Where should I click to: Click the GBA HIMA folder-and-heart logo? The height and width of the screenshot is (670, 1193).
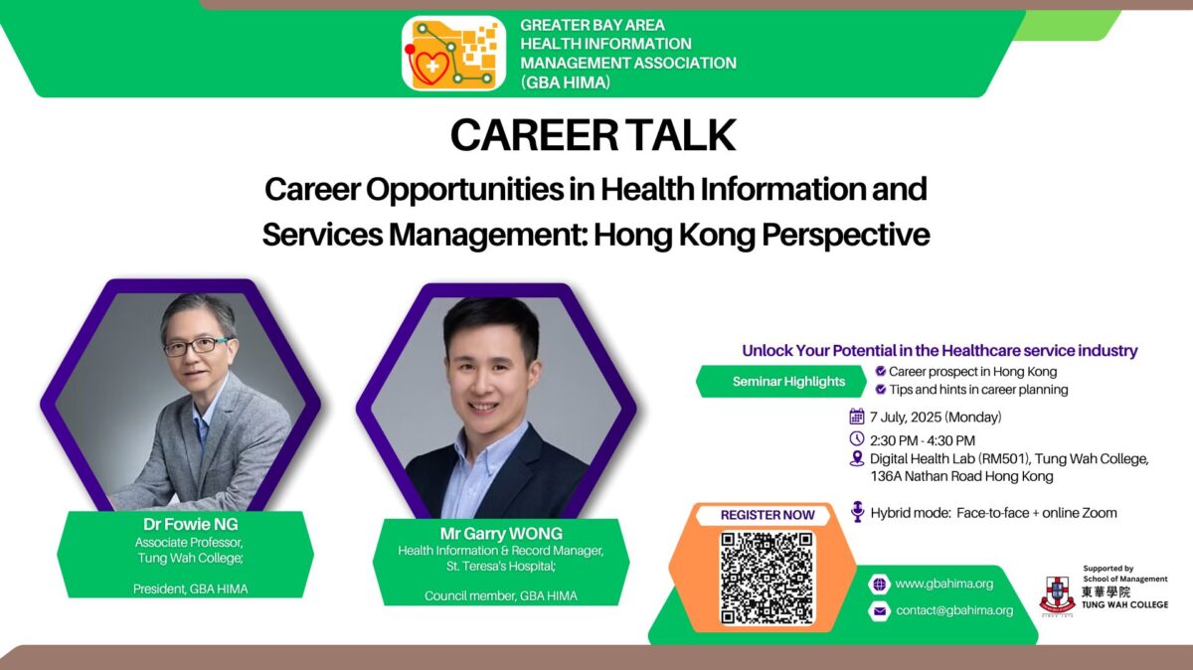pos(453,54)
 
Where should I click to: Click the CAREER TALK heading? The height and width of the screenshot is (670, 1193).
pos(594,135)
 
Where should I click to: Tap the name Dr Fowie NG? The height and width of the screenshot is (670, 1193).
pos(191,524)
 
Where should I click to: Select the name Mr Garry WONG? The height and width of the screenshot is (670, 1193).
pos(501,533)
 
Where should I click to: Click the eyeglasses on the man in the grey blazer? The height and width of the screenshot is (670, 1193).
pos(196,346)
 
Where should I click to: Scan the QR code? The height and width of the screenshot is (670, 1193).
pos(767,579)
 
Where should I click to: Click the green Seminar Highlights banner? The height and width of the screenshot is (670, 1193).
pos(781,382)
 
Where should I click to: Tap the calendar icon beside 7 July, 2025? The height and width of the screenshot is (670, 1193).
pos(856,416)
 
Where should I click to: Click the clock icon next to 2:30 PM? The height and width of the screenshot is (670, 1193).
pos(856,438)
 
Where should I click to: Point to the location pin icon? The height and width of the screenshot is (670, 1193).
pos(856,458)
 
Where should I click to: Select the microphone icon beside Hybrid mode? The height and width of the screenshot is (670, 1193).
pos(857,511)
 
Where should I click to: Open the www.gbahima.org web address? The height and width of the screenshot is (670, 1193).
pos(943,584)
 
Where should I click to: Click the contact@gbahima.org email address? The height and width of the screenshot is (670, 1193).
pos(954,610)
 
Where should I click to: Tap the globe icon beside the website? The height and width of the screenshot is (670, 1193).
pos(879,585)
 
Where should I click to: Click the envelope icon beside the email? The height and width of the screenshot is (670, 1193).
pos(879,611)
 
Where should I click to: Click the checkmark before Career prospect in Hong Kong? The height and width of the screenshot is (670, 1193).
pos(881,371)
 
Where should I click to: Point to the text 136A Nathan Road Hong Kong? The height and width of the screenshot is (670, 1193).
pos(962,476)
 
